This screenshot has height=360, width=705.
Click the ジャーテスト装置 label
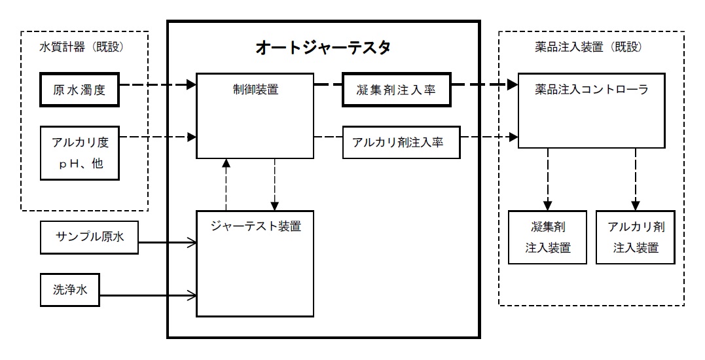coord(256,227)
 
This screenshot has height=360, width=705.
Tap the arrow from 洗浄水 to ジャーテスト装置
coord(149,293)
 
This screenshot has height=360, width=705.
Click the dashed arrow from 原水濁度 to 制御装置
coord(157,85)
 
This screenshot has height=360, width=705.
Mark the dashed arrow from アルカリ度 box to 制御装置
coord(157,137)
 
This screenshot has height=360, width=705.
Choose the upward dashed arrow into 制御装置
coord(226,183)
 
